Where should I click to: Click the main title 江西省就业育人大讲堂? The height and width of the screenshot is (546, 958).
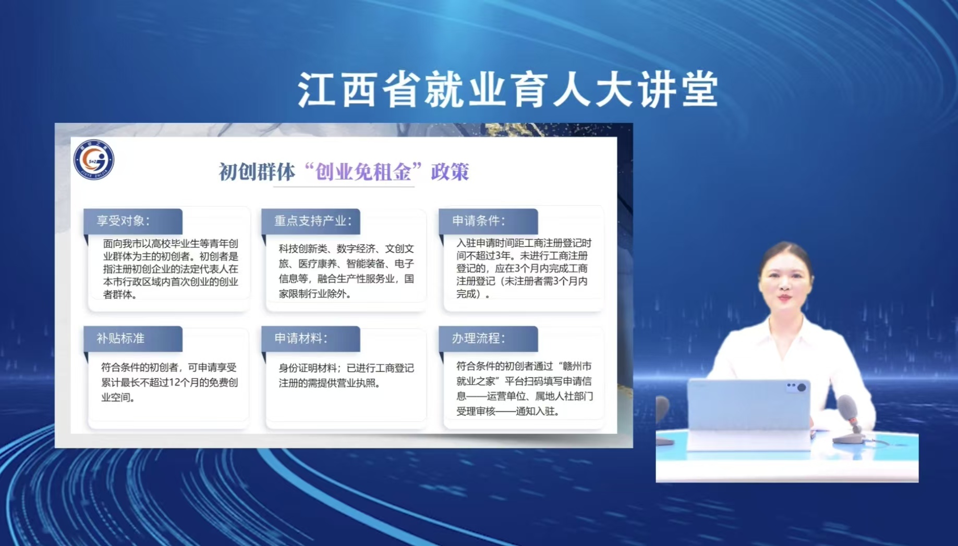[x=508, y=90]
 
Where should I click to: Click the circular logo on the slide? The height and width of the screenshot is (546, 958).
[x=94, y=159]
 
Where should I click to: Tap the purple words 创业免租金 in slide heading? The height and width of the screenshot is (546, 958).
[x=363, y=171]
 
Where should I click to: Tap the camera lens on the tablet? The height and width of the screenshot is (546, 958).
[x=802, y=387]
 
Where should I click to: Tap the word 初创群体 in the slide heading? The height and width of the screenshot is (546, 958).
[x=257, y=172]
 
